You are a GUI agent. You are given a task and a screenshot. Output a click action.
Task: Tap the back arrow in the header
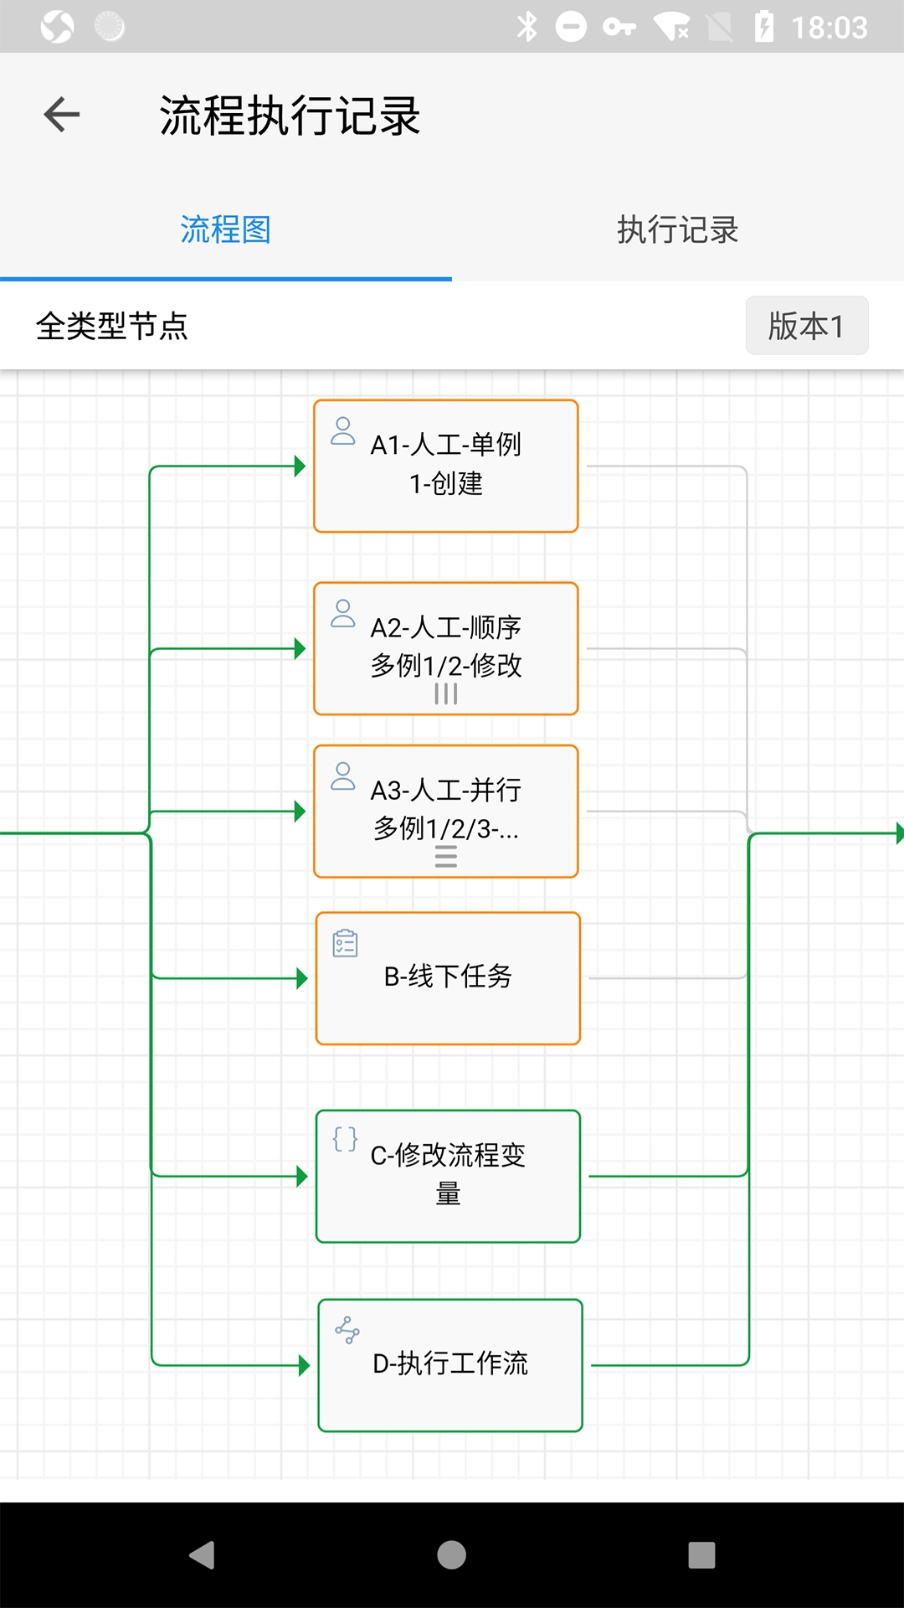click(62, 115)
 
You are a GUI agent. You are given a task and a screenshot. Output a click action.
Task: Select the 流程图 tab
click(225, 229)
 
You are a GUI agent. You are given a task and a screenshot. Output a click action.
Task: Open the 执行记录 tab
click(677, 229)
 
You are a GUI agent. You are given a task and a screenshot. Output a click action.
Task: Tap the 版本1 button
click(806, 326)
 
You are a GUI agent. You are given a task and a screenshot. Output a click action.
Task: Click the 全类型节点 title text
click(112, 326)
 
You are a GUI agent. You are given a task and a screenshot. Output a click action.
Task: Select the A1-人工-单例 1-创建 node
click(446, 466)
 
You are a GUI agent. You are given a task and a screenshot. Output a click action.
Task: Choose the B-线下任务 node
click(448, 977)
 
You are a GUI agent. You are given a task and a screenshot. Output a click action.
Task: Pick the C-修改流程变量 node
click(448, 1175)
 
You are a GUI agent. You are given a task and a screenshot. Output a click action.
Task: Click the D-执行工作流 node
click(450, 1364)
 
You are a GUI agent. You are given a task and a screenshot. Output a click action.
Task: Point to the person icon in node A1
click(343, 431)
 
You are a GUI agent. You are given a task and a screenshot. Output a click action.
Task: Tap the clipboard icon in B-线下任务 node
click(345, 944)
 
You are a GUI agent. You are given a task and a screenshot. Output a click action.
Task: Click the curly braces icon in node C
click(345, 1139)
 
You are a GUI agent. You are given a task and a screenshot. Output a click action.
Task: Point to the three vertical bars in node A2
click(446, 694)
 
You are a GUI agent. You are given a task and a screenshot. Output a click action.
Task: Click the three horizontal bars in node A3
click(446, 857)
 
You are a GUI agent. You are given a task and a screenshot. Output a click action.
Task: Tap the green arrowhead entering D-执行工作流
click(304, 1366)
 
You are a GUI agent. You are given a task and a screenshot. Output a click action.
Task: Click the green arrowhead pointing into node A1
click(300, 466)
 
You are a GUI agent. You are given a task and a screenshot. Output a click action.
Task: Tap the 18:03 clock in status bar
click(830, 28)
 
